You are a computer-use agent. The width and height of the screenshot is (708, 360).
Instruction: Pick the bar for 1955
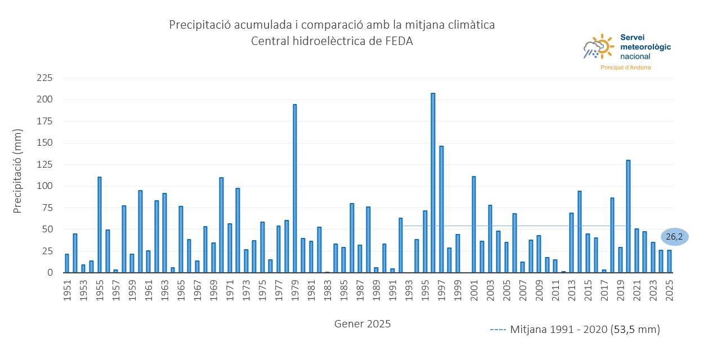(100, 225)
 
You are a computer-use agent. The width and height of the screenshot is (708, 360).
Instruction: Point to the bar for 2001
(474, 224)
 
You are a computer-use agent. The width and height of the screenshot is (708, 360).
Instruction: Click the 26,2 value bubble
(674, 237)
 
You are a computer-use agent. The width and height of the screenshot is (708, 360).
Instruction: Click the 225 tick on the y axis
(44, 78)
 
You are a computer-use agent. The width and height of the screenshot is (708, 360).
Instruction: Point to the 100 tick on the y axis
(44, 186)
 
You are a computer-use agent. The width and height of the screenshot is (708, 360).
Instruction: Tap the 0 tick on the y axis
(50, 273)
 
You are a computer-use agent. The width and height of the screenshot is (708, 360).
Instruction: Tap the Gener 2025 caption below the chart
(362, 324)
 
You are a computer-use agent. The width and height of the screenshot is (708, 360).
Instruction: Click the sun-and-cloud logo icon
(598, 47)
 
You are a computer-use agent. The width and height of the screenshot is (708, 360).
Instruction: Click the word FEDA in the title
(398, 42)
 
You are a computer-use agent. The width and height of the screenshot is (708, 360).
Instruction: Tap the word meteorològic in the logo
(645, 47)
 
